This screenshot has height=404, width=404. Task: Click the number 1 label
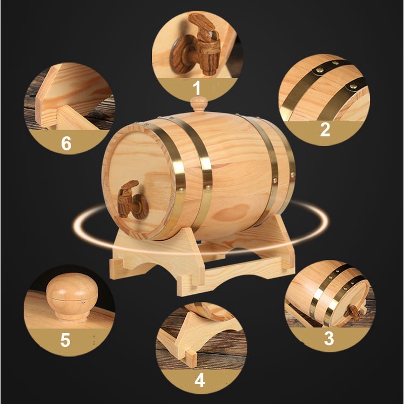click(x=197, y=88)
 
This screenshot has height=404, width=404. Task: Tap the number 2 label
click(x=325, y=130)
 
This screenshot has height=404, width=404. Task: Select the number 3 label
click(x=329, y=338)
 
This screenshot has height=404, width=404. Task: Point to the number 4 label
click(x=200, y=380)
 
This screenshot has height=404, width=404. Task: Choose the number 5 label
click(x=65, y=340)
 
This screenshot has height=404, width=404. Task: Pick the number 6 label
click(x=66, y=143)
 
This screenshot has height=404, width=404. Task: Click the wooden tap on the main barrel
click(x=132, y=199)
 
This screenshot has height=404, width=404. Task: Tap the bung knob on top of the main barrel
click(x=199, y=104)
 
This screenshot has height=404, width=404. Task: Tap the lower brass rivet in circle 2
click(x=353, y=86)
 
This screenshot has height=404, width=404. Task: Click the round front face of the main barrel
click(x=139, y=180)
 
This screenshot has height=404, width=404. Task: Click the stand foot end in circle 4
click(x=190, y=358)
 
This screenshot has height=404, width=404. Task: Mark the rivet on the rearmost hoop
click(x=292, y=174)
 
